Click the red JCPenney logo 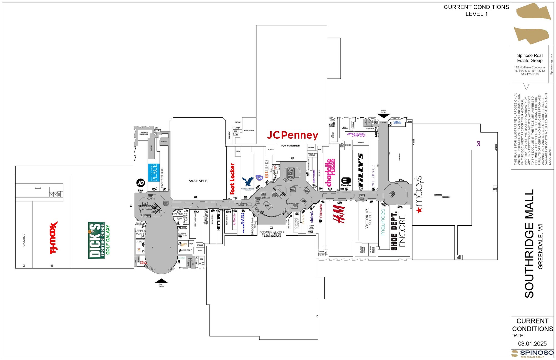(x=292, y=135)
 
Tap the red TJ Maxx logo (x=53, y=238)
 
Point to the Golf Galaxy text (x=108, y=240)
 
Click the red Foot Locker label (x=232, y=179)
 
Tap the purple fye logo (x=259, y=177)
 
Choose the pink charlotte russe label (x=331, y=172)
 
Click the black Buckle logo (x=346, y=181)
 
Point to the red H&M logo (x=339, y=214)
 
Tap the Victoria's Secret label (x=368, y=218)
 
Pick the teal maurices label (x=383, y=222)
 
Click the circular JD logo (x=140, y=183)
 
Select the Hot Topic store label (x=219, y=222)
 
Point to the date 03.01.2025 (x=532, y=344)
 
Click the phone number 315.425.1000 (x=530, y=74)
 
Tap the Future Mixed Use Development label (x=272, y=233)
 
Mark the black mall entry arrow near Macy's (x=384, y=116)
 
